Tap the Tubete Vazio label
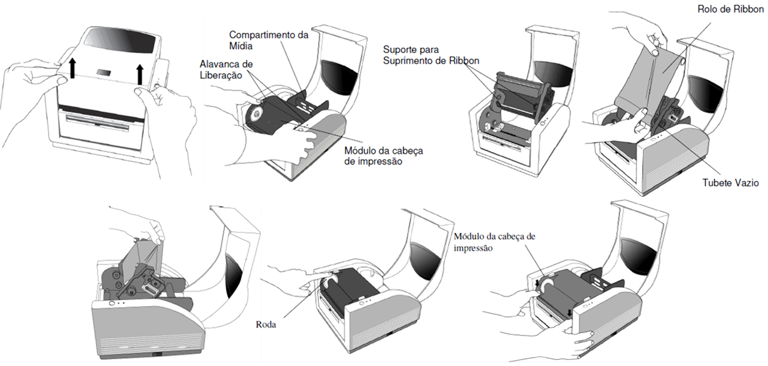tap(730, 183)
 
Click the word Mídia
tap(240, 47)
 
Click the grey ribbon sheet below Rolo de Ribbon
tap(660, 79)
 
